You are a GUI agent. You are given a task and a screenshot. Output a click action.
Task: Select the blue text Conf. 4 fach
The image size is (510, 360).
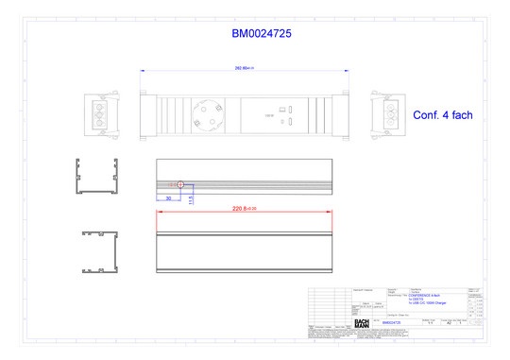[x=442, y=114]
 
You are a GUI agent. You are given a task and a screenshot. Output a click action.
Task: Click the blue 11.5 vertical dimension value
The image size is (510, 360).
[x=190, y=199]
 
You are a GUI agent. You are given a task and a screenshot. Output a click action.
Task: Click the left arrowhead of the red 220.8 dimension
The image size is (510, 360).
[x=158, y=212]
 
